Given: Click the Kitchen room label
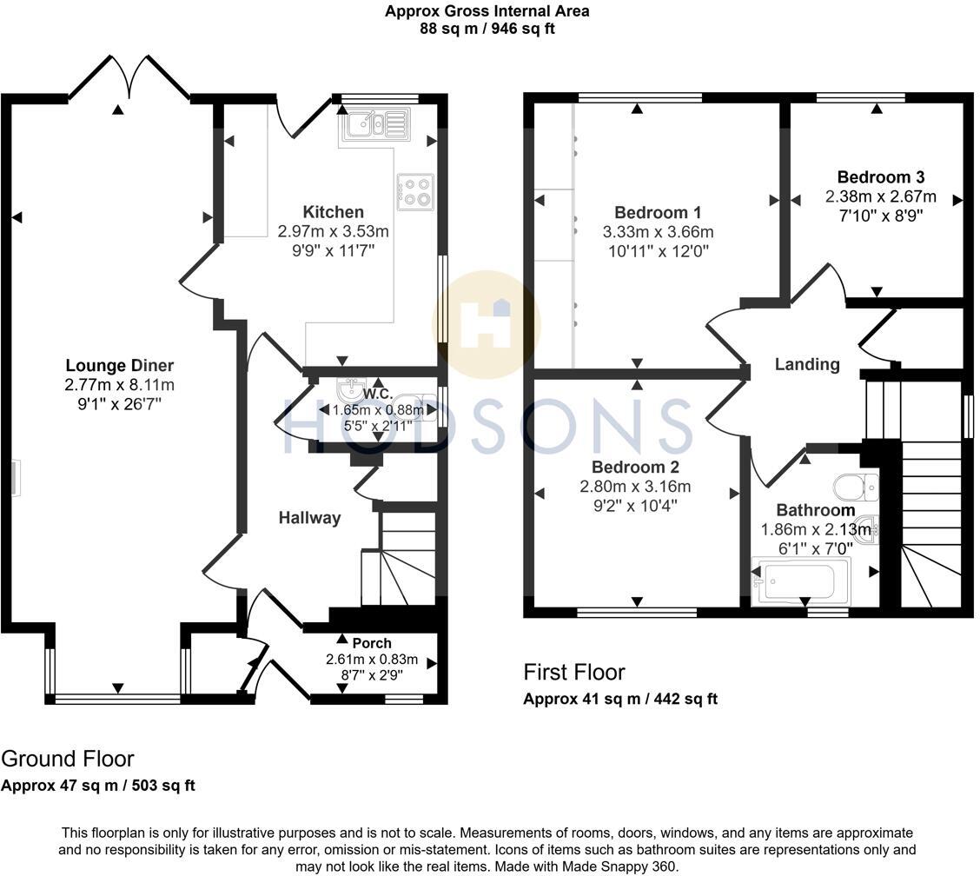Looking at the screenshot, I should coord(333,212).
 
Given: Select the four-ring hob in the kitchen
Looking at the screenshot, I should coord(415,193).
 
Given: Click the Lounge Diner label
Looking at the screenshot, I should coord(120,365).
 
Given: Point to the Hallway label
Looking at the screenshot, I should coord(309,518).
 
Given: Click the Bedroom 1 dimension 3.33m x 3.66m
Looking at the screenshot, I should coord(658,232).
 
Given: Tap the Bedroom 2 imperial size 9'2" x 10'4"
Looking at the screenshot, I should coord(635,504).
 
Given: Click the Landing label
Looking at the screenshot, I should coord(807,364).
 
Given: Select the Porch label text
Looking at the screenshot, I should coord(372,644).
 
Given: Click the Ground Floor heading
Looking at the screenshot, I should coord(68,759).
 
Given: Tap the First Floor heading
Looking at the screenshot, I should coord(573,672).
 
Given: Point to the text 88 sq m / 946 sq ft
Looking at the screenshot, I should coord(487,29).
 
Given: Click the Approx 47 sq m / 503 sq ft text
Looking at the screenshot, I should coord(98,786).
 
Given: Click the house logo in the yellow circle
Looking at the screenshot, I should coord(487,324).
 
